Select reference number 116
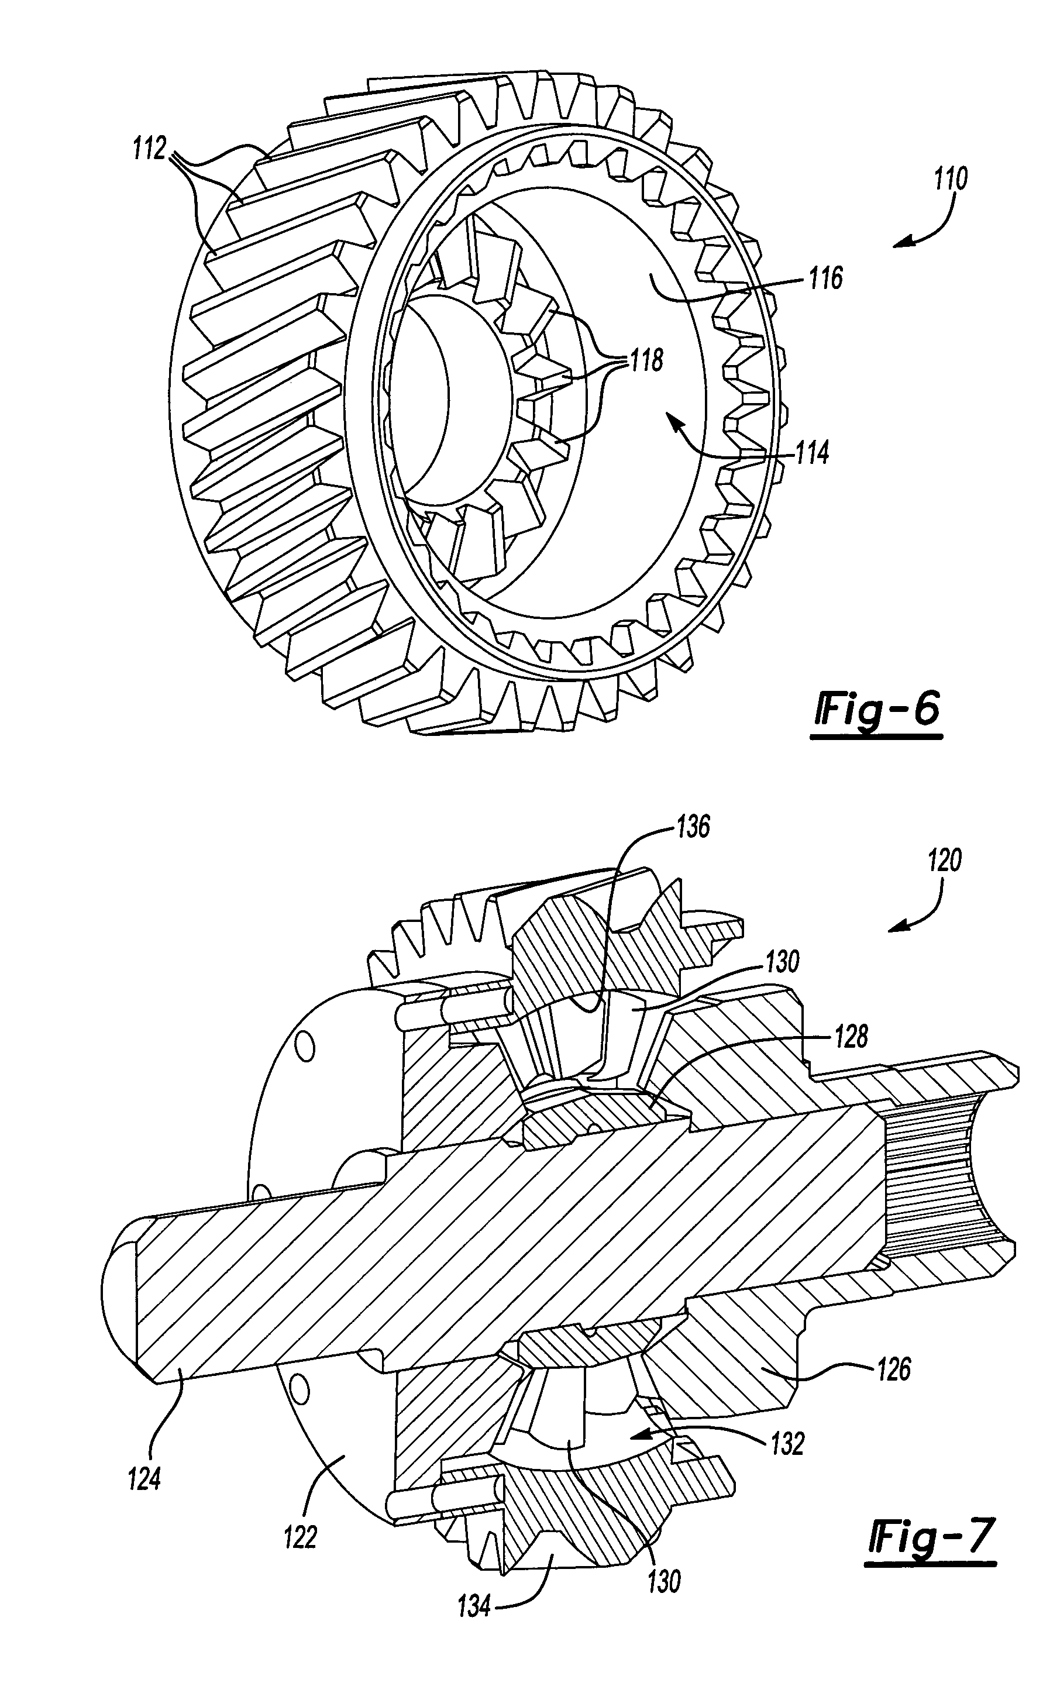click(826, 278)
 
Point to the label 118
click(646, 360)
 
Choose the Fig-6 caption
click(877, 711)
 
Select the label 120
click(944, 861)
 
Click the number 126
click(894, 1370)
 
